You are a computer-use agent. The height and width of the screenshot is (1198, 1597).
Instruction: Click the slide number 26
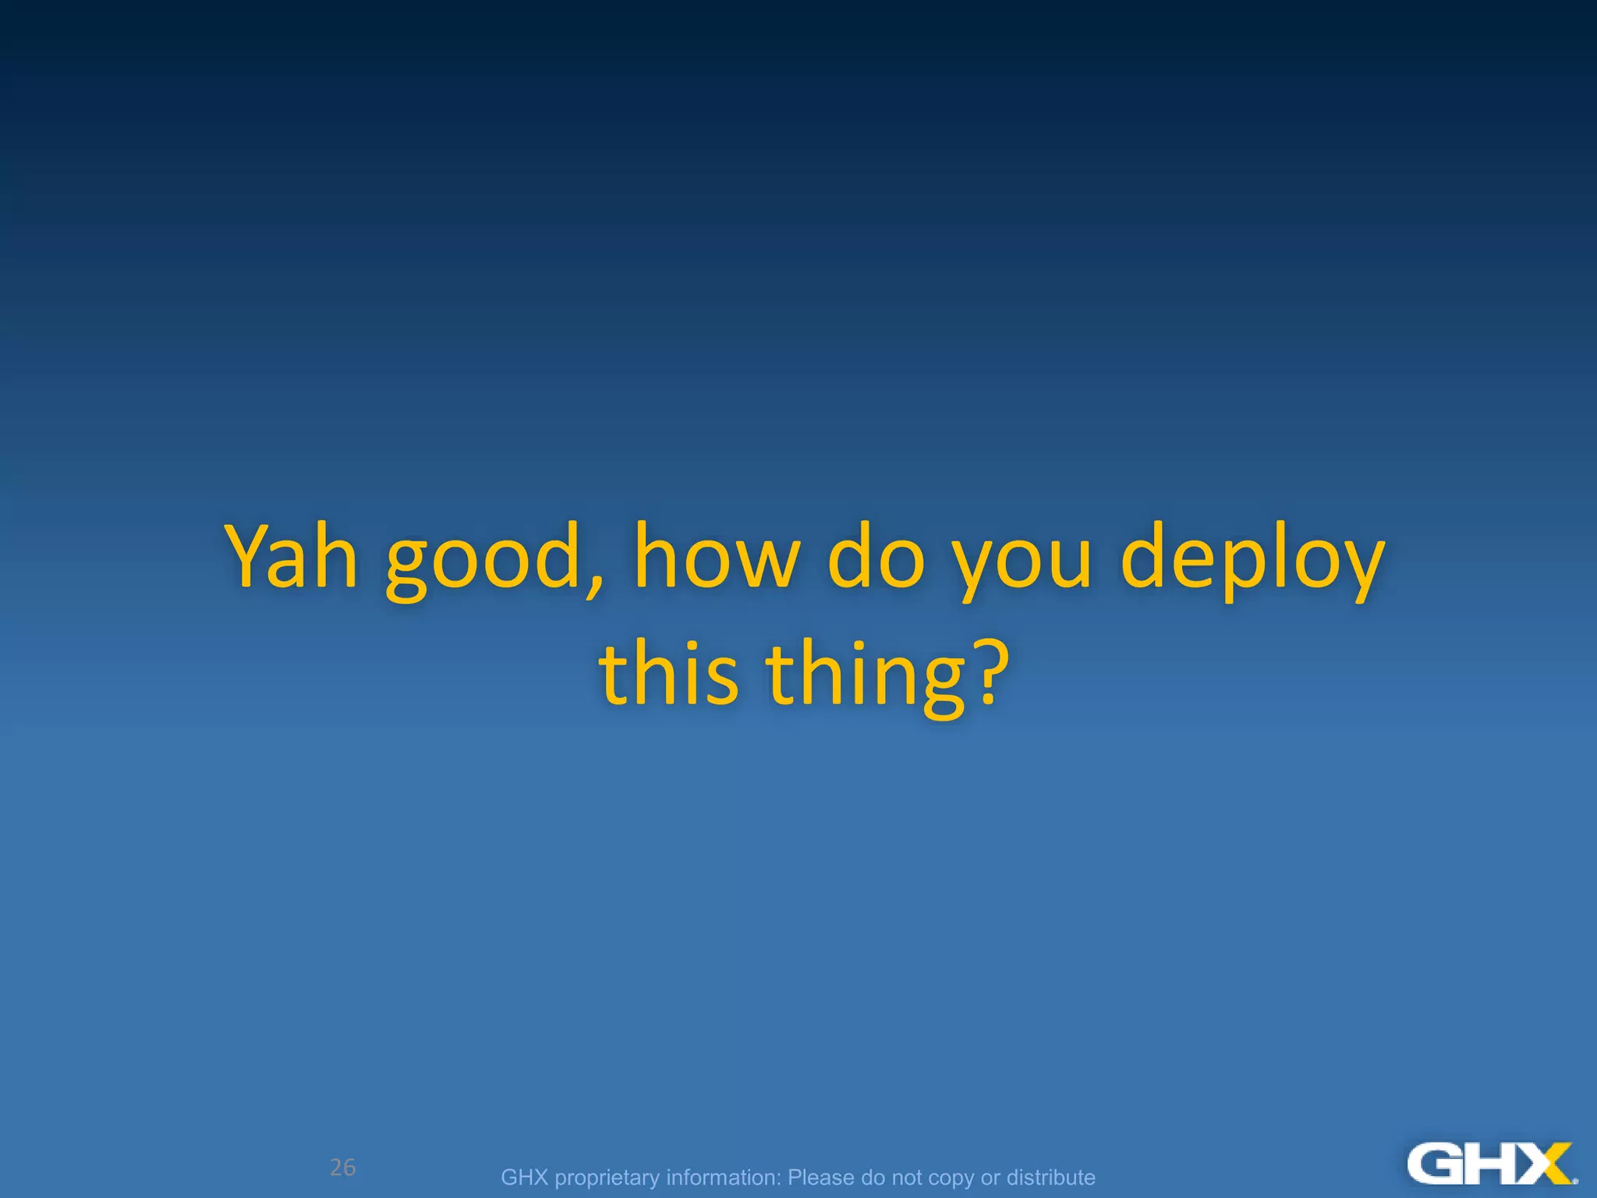(x=342, y=1168)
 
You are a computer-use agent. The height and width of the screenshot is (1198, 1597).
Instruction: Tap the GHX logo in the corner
(x=1491, y=1164)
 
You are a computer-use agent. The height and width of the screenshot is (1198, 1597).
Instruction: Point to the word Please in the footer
(x=821, y=1177)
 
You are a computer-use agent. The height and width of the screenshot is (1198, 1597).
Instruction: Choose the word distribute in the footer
(x=1050, y=1177)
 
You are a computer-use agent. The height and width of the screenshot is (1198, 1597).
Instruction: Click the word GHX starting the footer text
(x=524, y=1177)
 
